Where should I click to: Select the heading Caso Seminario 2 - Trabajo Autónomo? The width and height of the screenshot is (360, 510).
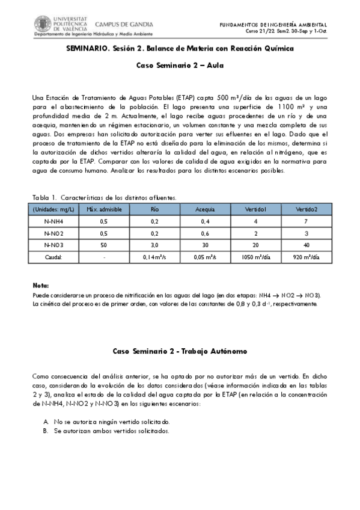coord(180,351)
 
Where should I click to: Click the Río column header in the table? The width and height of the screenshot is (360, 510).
coord(154,209)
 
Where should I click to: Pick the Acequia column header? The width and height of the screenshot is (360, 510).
coord(205,209)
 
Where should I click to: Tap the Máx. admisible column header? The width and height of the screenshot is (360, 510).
coord(101,209)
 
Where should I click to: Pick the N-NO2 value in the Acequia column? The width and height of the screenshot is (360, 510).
coord(205,233)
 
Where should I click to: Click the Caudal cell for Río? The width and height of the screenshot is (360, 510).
coord(154,257)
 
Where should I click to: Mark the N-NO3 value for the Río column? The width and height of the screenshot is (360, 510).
coord(154,245)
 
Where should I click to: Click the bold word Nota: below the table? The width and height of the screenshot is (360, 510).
coord(40,286)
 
